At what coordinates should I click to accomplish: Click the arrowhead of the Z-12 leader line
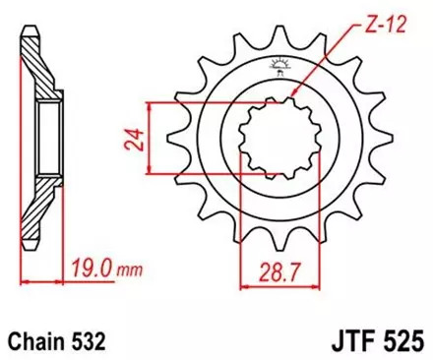pos(294,96)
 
